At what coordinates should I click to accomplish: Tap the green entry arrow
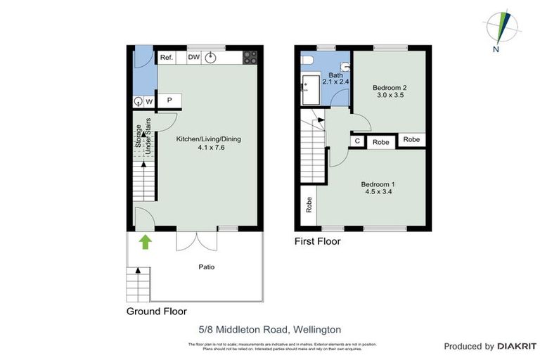point(145,243)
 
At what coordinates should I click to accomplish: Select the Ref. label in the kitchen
point(167,58)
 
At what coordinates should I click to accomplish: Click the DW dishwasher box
point(193,58)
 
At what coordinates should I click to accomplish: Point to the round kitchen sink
point(212,58)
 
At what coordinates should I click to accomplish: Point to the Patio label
point(206,267)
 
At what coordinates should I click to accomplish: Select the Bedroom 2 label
point(390,92)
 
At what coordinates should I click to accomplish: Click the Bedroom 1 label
point(378,188)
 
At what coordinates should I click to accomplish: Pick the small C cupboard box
point(358,141)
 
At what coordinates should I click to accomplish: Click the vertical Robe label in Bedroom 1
point(308,205)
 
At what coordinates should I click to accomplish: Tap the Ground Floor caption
point(156,311)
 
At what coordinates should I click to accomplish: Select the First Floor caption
point(317,241)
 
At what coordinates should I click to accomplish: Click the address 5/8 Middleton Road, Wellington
point(270,329)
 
